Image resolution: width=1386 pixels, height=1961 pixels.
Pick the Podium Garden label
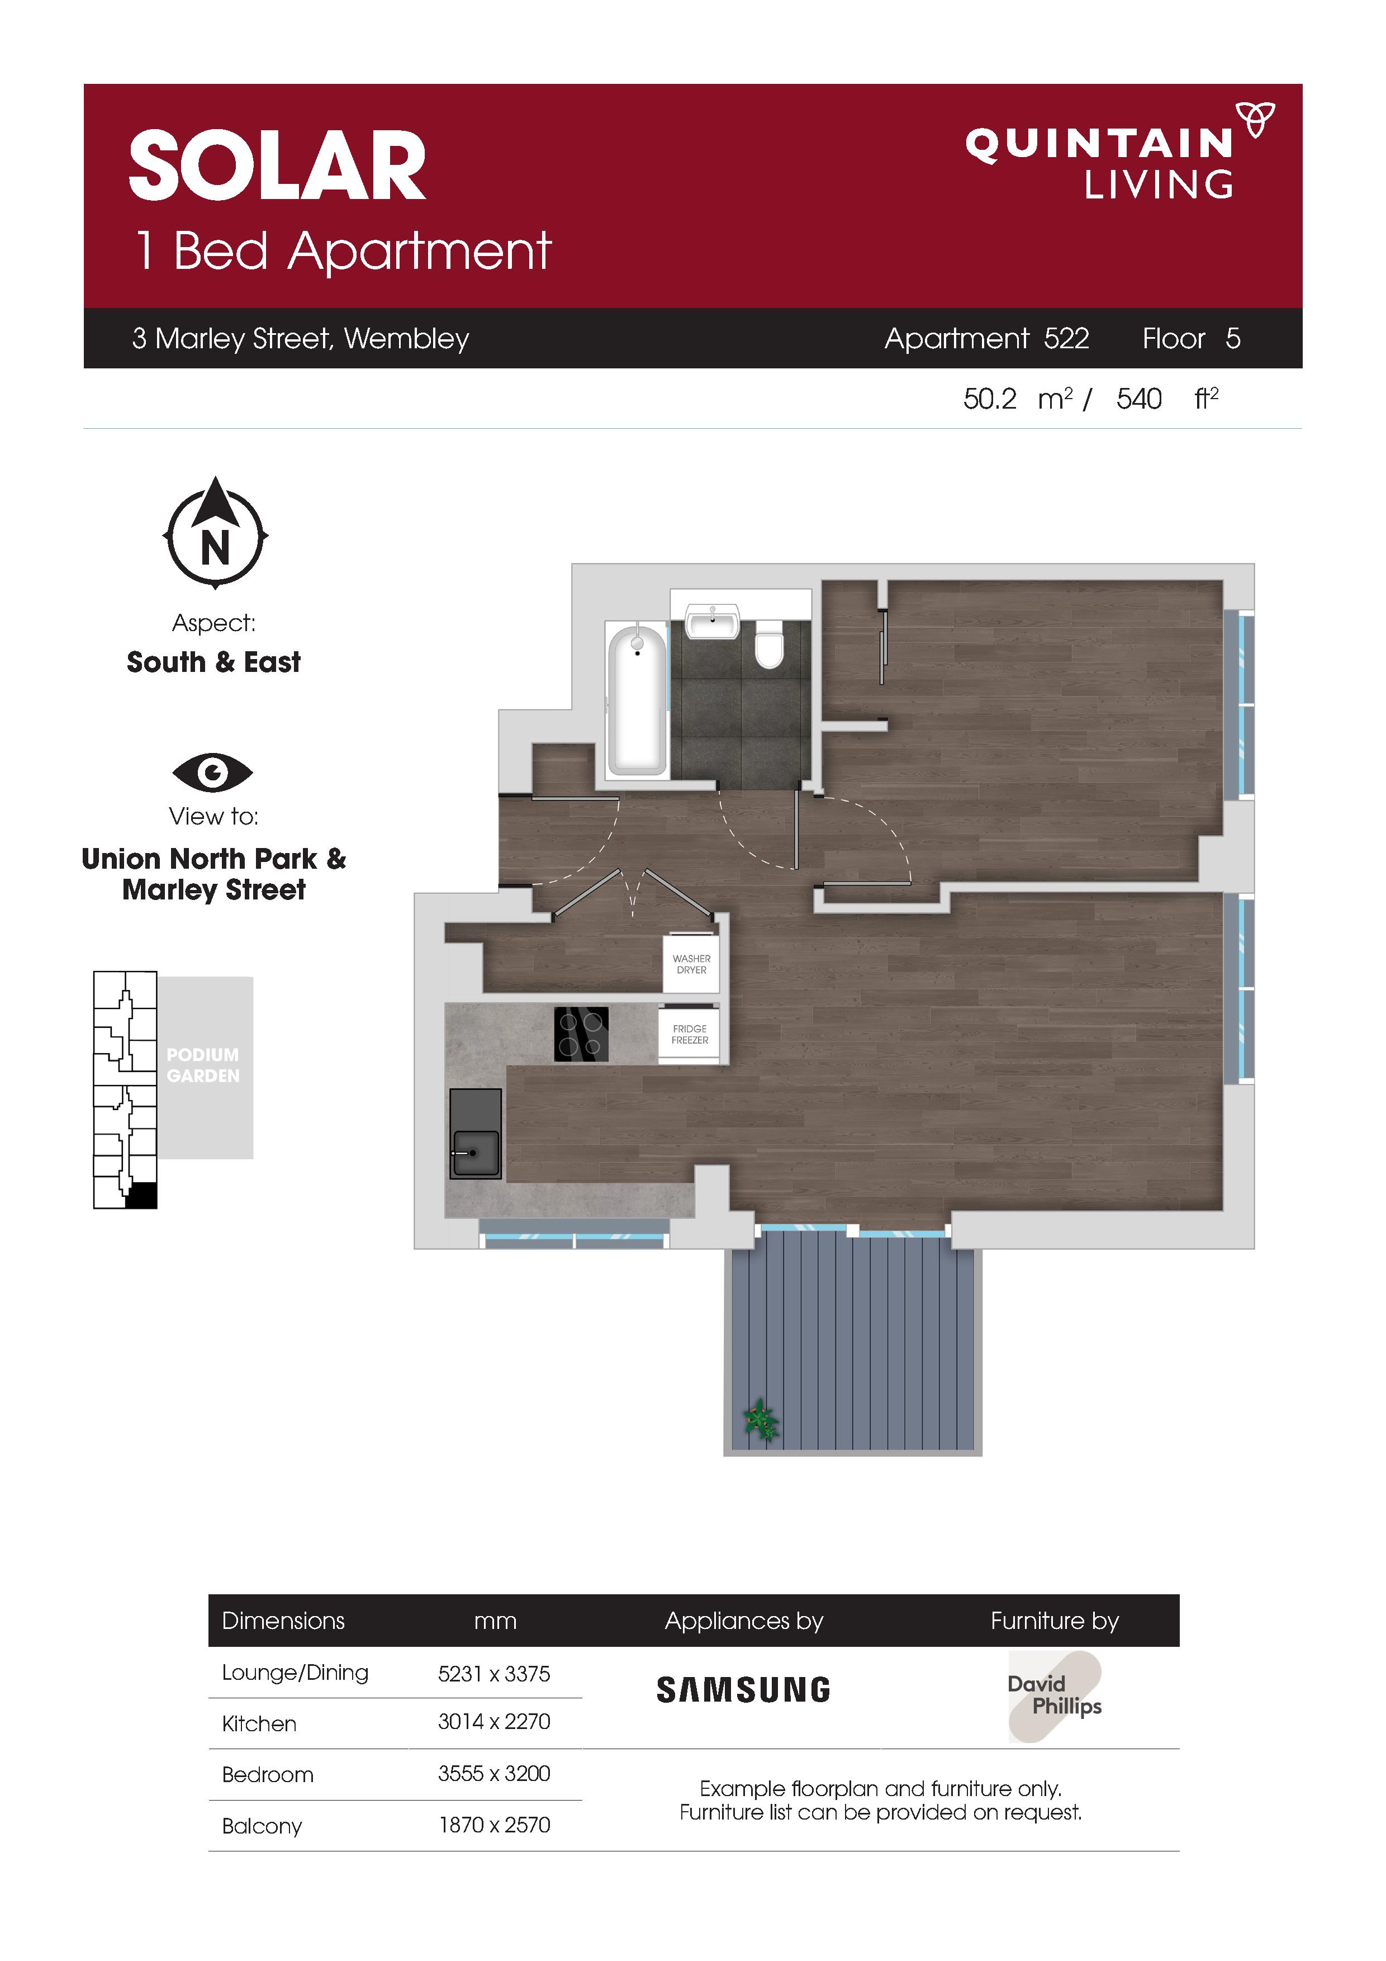click(203, 1065)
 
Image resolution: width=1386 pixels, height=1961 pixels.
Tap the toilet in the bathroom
click(770, 643)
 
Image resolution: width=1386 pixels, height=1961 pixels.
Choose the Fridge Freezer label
click(690, 1034)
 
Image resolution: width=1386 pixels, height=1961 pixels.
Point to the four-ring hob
click(582, 1034)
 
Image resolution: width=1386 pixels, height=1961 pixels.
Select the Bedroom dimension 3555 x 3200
click(493, 1774)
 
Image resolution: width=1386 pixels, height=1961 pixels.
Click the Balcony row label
click(262, 1827)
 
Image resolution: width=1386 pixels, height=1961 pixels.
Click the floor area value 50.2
click(990, 399)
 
